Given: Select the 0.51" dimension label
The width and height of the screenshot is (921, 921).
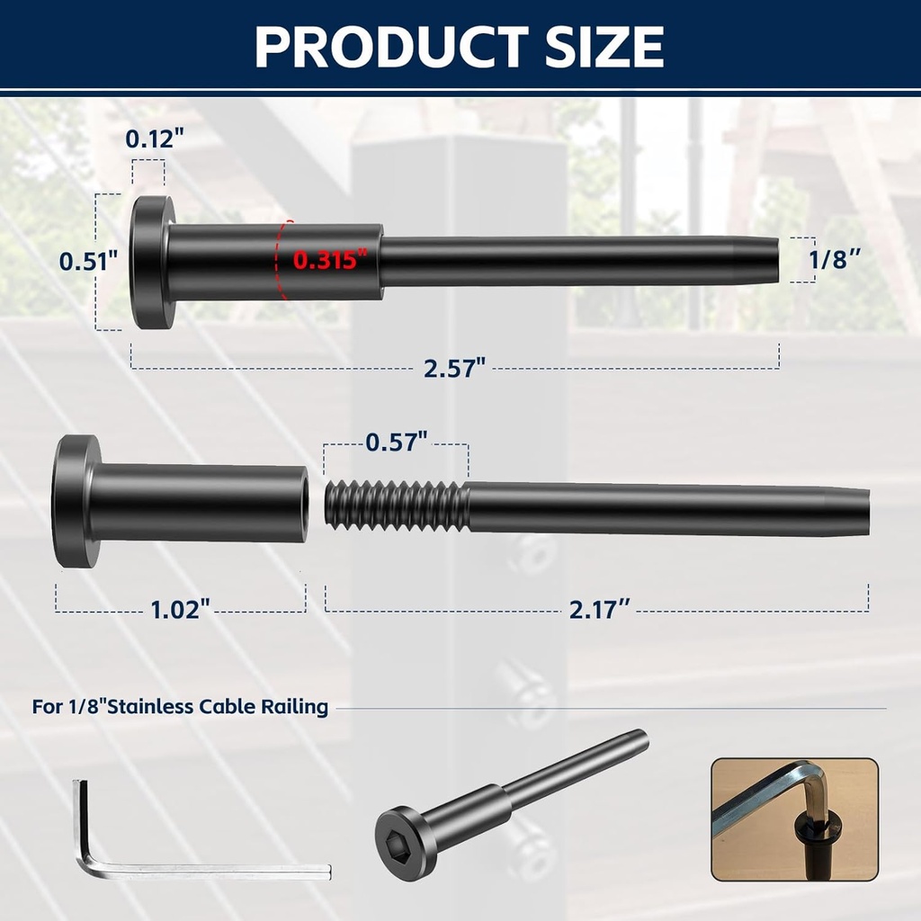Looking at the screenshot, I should pos(89,262).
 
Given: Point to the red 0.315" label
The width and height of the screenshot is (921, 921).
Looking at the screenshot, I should pos(331,261).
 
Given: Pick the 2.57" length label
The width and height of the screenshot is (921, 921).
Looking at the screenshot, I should pos(455,367).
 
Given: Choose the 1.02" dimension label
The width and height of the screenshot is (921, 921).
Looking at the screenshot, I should pos(180,610).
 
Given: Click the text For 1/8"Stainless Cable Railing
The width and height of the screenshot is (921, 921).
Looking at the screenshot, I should pos(180,707).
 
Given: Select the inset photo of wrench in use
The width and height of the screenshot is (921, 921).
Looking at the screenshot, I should pos(794,819).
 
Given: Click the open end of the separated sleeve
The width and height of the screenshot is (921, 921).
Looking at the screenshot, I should pos(303,503).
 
